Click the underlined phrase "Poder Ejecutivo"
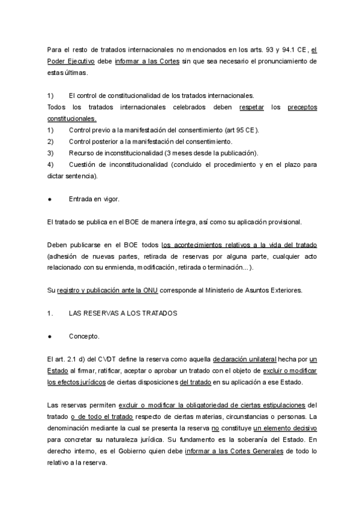coord(68,62)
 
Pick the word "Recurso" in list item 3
coord(83,152)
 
